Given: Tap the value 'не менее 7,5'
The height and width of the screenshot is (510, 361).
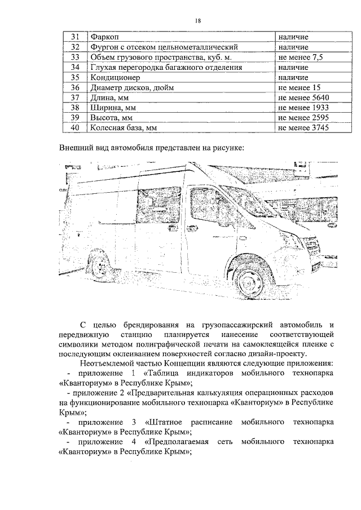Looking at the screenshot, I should [x=300, y=57].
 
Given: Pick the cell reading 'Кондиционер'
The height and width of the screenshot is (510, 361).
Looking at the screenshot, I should [x=116, y=78].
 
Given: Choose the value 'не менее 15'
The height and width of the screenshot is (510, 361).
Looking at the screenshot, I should [x=298, y=88].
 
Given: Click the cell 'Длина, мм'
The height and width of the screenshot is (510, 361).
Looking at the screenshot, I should [x=110, y=98].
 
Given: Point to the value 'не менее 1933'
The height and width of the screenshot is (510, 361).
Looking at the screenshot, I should [x=302, y=108].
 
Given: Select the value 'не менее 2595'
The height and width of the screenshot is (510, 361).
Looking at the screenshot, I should [x=302, y=118].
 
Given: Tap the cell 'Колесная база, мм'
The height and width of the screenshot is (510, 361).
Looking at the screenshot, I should [x=123, y=128].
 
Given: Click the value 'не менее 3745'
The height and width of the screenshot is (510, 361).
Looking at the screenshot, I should [x=302, y=128].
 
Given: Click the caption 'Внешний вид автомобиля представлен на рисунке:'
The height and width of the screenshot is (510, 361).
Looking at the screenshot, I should [x=152, y=148].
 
